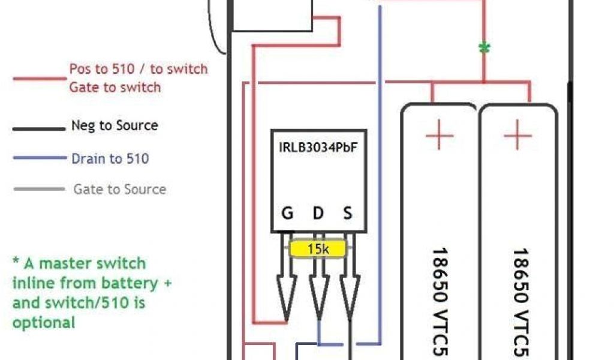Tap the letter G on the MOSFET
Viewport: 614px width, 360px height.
point(288,214)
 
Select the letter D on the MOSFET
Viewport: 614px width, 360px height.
point(318,214)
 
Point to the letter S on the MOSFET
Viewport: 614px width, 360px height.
point(348,214)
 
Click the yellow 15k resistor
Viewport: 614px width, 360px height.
point(318,248)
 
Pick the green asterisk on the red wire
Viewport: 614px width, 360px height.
point(484,49)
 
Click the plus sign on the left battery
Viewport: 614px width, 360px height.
point(440,137)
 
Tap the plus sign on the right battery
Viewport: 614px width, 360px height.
point(517,137)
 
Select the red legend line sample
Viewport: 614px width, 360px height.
point(40,78)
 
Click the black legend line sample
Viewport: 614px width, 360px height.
point(38,128)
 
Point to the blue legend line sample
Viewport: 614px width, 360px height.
point(38,158)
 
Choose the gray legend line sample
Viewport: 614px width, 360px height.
point(38,189)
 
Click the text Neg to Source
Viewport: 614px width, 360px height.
point(115,125)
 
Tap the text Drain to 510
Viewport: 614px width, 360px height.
point(110,158)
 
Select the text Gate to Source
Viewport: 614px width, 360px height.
point(119,189)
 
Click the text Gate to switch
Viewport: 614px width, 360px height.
point(115,87)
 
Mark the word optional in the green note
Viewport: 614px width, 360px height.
point(44,322)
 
